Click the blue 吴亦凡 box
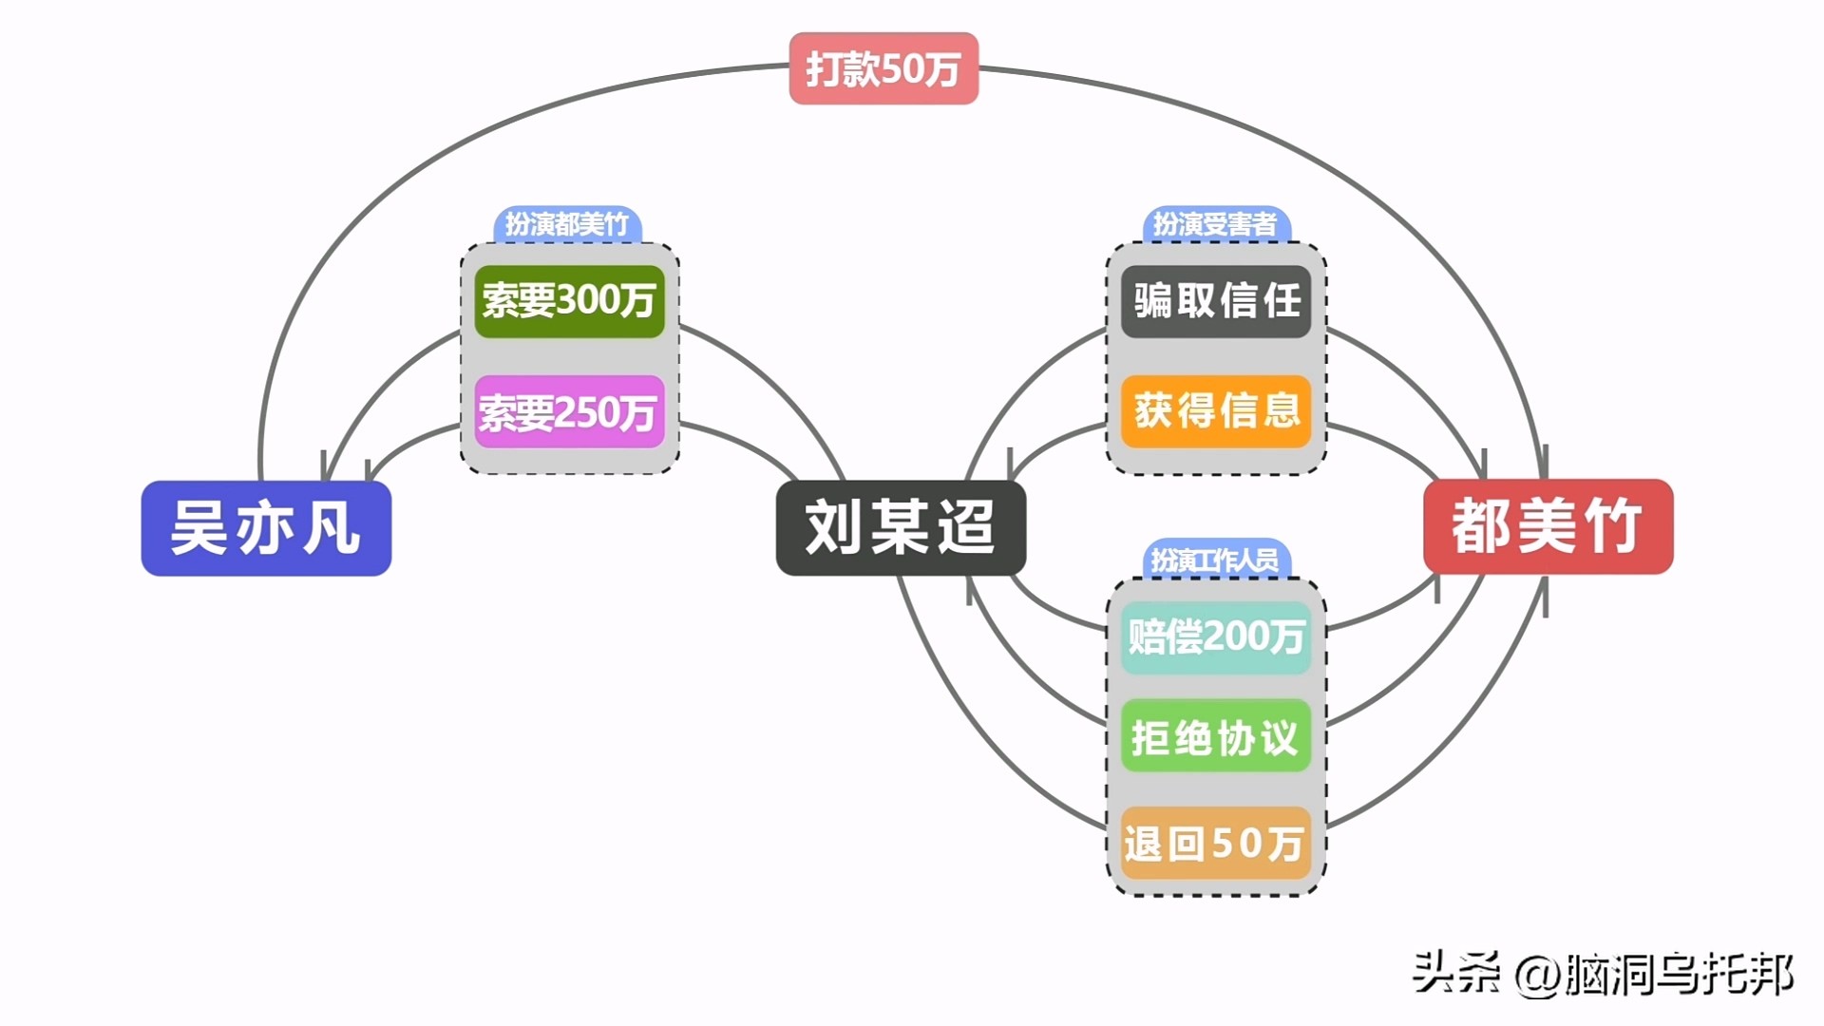pyautogui.click(x=266, y=528)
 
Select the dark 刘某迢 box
pyautogui.click(x=901, y=528)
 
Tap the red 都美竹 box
pyautogui.click(x=1548, y=526)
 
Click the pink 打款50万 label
pyautogui.click(x=883, y=69)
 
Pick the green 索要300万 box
pyautogui.click(x=569, y=301)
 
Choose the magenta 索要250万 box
pyautogui.click(x=569, y=412)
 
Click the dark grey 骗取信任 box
pyautogui.click(x=1216, y=301)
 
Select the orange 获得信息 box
pyautogui.click(x=1216, y=411)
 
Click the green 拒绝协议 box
pyautogui.click(x=1216, y=737)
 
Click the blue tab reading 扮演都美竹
pyautogui.click(x=567, y=225)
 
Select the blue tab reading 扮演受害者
pyautogui.click(x=1215, y=225)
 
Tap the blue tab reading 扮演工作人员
pyautogui.click(x=1215, y=560)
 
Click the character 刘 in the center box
pyautogui.click(x=832, y=528)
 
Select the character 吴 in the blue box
pyautogui.click(x=198, y=528)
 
